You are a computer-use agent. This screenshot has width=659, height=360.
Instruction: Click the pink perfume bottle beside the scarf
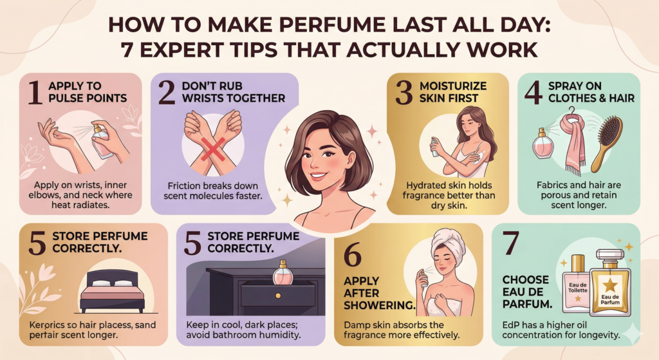click(x=542, y=143)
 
